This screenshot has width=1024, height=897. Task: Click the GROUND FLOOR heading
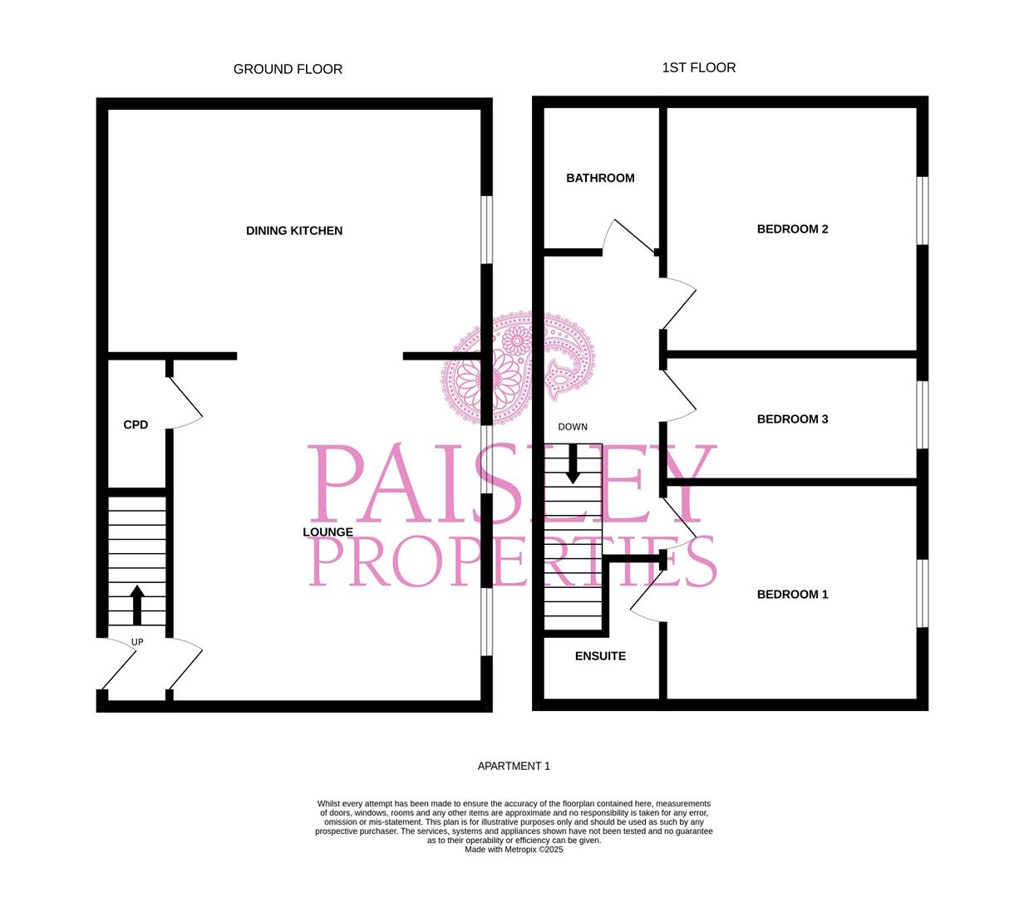tap(288, 69)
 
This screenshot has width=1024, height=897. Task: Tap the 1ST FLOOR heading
tap(698, 67)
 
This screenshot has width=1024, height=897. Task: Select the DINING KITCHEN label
tap(294, 231)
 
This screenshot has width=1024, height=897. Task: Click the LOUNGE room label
tap(327, 532)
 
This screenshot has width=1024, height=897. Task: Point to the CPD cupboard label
tap(135, 425)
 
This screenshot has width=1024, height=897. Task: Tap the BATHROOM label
tap(600, 178)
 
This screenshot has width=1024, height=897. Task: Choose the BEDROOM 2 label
tap(792, 229)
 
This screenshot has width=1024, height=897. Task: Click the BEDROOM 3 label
tap(792, 419)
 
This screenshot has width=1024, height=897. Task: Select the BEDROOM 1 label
tap(792, 595)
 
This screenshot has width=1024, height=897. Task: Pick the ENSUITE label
tap(600, 656)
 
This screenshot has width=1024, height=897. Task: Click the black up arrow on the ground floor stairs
tap(137, 605)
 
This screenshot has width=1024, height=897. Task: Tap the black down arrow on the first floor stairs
tap(573, 463)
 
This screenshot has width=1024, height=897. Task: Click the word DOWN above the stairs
tap(573, 427)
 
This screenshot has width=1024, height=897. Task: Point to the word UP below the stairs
tap(137, 642)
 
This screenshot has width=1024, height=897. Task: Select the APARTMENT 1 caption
tap(514, 766)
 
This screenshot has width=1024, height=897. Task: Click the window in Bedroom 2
tap(922, 210)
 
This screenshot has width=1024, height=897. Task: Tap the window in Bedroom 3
tap(922, 414)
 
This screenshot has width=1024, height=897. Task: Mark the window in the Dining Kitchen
tap(487, 230)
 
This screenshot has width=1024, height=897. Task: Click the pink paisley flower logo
tap(517, 367)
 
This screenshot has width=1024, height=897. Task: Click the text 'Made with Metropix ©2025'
tap(514, 850)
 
